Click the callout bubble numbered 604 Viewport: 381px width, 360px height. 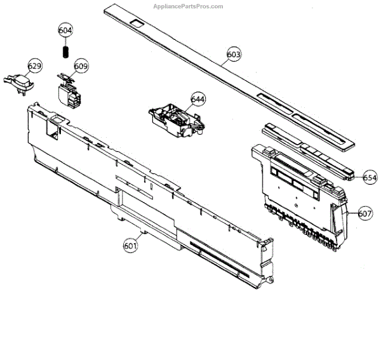click(x=65, y=30)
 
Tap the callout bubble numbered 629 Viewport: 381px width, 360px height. click(x=34, y=66)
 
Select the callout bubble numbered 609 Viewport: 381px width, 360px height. click(x=81, y=66)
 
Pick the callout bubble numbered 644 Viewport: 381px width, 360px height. click(x=198, y=99)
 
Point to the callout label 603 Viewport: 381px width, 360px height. click(x=234, y=55)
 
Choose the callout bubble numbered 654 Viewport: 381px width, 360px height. click(x=370, y=179)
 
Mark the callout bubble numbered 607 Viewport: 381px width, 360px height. click(x=364, y=213)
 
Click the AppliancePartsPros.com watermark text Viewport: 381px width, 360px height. click(x=189, y=6)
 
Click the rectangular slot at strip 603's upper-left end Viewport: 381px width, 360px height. click(x=137, y=23)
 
